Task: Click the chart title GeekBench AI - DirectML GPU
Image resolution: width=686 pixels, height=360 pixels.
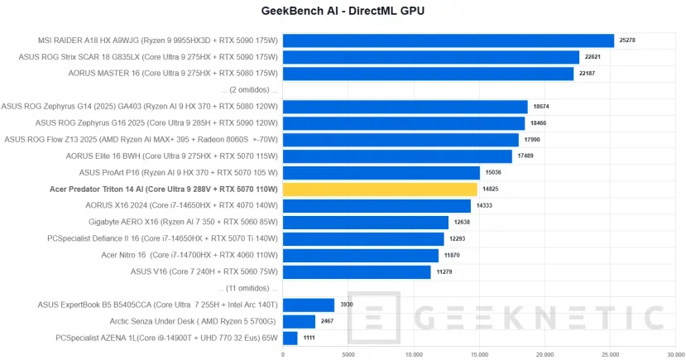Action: click(343, 11)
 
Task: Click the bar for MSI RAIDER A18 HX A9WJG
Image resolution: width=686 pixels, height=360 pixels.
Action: click(449, 41)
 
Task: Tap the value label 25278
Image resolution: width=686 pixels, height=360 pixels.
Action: click(629, 41)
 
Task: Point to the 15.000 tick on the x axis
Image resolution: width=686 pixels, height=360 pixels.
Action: click(479, 353)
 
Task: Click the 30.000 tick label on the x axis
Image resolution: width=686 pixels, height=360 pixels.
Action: click(675, 353)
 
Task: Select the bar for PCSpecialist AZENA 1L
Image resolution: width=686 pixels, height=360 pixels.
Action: click(290, 338)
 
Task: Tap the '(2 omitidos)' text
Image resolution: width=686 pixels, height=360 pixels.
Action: click(251, 89)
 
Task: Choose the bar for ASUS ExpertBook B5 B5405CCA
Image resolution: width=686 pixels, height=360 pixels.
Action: click(309, 305)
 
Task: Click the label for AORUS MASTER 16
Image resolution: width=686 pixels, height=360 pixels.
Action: click(174, 74)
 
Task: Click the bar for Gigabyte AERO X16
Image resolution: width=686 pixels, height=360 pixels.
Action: click(366, 223)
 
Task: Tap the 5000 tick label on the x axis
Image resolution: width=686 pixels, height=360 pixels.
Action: click(348, 353)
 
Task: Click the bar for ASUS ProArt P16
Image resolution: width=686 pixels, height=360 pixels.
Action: click(381, 173)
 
